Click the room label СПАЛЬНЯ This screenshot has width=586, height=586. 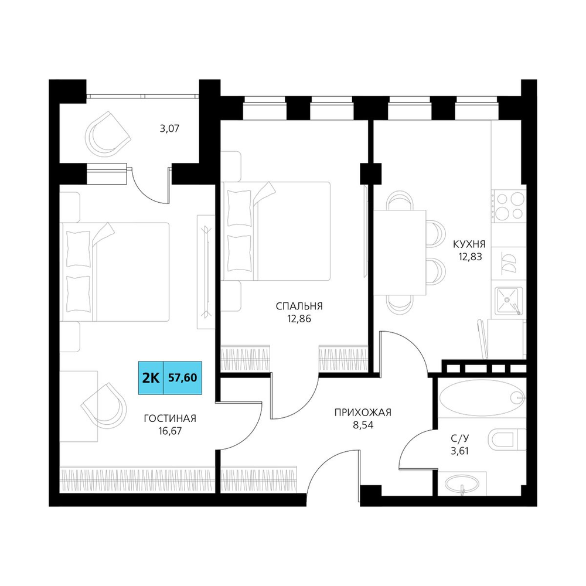[x=299, y=306]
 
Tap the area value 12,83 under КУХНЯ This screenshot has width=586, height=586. [x=470, y=257]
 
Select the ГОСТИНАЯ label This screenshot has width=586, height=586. [x=170, y=418]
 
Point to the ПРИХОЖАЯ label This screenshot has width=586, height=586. [x=363, y=412]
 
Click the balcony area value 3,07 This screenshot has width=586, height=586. [x=170, y=129]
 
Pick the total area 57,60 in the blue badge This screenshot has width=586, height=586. [x=183, y=378]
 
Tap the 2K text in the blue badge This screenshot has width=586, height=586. [x=151, y=378]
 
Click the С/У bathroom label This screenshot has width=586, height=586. [x=459, y=438]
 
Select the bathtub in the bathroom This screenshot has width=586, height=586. [x=482, y=398]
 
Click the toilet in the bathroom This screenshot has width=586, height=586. [x=507, y=439]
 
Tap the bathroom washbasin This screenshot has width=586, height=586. [x=462, y=484]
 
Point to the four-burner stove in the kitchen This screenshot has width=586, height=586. [x=509, y=205]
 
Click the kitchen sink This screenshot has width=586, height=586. [x=509, y=301]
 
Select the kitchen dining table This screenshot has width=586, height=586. [x=400, y=252]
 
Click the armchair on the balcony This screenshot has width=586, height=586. [x=108, y=134]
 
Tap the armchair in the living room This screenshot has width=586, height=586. [x=104, y=406]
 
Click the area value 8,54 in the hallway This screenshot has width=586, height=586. [x=363, y=425]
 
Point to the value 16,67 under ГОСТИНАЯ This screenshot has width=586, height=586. [x=170, y=431]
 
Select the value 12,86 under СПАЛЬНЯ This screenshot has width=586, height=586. [x=299, y=319]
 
